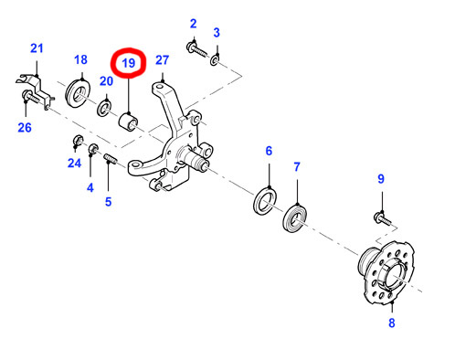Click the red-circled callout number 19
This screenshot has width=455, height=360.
point(128,64)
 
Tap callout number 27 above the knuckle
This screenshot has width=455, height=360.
point(163,61)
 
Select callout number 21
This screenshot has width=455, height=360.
point(37,48)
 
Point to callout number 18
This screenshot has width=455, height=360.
point(80,60)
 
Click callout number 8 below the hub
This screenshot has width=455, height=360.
point(391,323)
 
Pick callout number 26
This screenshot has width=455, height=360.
point(25,128)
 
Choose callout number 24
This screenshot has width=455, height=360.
point(74,165)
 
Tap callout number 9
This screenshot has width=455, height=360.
point(383,179)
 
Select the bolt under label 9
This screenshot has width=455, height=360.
point(382,217)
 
